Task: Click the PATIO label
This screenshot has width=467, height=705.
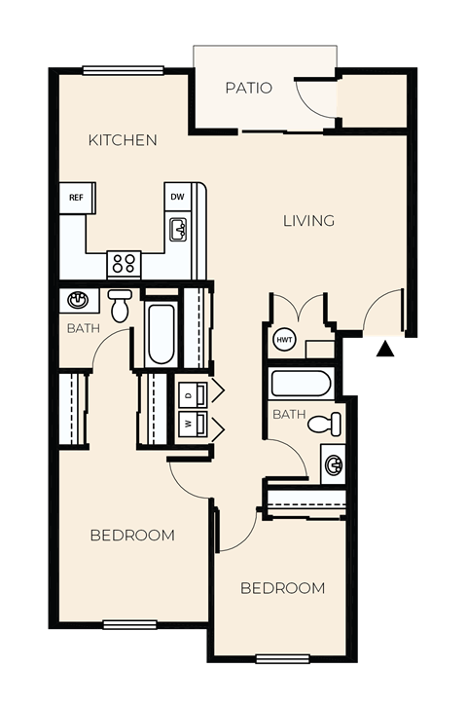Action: [x=248, y=88]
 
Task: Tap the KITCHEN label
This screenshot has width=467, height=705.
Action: [x=123, y=140]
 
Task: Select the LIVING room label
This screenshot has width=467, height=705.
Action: [x=308, y=220]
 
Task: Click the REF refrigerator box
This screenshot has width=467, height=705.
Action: [x=76, y=198]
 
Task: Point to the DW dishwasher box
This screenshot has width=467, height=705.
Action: [x=177, y=197]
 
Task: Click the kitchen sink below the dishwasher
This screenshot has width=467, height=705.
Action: [x=178, y=230]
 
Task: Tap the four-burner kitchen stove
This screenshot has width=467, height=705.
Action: [x=124, y=263]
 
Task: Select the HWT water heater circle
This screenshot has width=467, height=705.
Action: [x=284, y=340]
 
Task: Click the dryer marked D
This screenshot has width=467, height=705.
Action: [x=192, y=393]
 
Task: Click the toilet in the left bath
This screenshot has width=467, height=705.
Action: [x=120, y=305]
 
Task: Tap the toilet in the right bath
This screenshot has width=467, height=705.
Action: [x=328, y=423]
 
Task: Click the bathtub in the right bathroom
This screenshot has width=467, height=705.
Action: [x=301, y=383]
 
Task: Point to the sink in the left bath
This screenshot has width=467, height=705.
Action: [x=78, y=299]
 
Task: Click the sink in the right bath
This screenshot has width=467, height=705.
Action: [x=333, y=464]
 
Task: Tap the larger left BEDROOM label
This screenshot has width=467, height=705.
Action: [x=132, y=535]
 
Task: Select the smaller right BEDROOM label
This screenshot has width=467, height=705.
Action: [x=282, y=588]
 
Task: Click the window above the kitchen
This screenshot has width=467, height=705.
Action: [x=123, y=70]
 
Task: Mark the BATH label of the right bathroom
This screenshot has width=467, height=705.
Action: [x=289, y=415]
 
